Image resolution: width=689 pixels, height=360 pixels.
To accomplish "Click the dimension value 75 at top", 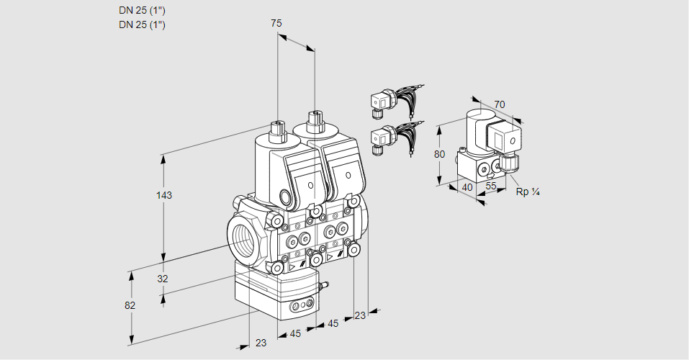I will pyautogui.click(x=276, y=24).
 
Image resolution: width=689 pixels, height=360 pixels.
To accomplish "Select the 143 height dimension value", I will pyautogui.click(x=166, y=195).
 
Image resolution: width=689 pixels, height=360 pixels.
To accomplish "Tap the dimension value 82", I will pyautogui.click(x=130, y=305).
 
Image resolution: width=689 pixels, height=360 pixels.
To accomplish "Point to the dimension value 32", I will pyautogui.click(x=163, y=279).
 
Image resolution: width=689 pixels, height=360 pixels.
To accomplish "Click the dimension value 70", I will pyautogui.click(x=500, y=105).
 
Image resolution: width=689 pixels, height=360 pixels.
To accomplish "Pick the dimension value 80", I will pyautogui.click(x=440, y=153).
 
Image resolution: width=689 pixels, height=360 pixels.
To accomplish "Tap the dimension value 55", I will pyautogui.click(x=492, y=186).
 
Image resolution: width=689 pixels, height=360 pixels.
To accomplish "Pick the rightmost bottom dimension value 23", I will pyautogui.click(x=360, y=315).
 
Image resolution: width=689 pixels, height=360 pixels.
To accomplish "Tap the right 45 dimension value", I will pyautogui.click(x=333, y=323).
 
